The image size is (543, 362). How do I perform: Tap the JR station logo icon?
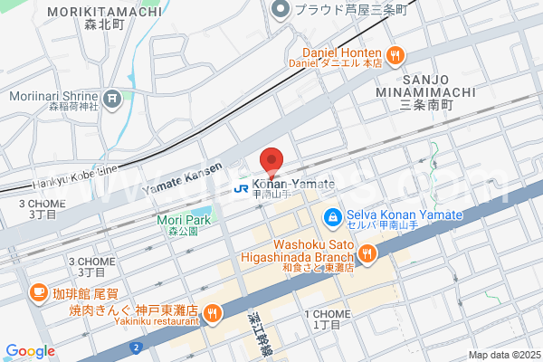tap(242, 188)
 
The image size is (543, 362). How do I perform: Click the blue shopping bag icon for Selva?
tap(332, 217)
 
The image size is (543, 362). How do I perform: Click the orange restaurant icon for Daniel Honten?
tap(395, 57)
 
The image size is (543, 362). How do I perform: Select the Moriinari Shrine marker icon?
tap(112, 98)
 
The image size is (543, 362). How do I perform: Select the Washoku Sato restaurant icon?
tap(367, 255)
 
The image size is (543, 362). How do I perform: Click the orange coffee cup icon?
tap(38, 291)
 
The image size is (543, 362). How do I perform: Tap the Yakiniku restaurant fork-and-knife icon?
tap(212, 313)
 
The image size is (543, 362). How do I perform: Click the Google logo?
tap(29, 351)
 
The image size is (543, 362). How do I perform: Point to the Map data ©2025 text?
tap(503, 355)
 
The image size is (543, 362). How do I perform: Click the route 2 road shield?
tap(136, 347)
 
